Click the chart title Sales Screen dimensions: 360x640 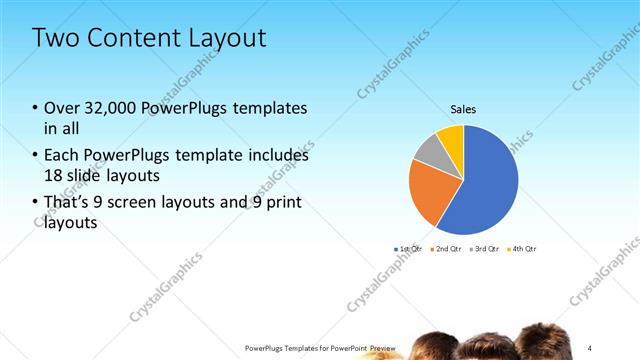(x=463, y=110)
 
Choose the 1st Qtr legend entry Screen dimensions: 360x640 (x=410, y=248)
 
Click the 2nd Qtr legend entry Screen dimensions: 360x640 (x=447, y=248)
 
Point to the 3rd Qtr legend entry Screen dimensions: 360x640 (x=485, y=248)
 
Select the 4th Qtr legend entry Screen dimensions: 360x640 (x=522, y=248)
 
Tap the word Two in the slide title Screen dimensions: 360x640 (x=53, y=39)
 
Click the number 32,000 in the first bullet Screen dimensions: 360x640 (x=112, y=108)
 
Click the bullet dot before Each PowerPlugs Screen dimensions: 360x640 (x=36, y=156)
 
